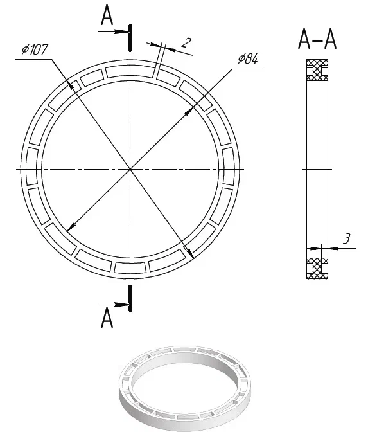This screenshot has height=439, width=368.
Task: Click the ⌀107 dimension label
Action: point(35,49)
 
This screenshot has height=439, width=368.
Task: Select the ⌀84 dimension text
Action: point(248,58)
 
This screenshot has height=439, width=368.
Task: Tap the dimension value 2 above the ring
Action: point(186,42)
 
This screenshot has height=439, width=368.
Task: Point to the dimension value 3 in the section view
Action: point(346,238)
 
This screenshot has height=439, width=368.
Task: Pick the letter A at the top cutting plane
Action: point(107,15)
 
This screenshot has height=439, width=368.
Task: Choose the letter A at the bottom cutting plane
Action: point(107,318)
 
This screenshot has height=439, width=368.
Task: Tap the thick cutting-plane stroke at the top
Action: point(130,38)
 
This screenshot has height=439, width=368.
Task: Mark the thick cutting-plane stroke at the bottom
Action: point(130,298)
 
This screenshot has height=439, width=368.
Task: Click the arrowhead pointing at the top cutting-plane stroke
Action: point(123,31)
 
